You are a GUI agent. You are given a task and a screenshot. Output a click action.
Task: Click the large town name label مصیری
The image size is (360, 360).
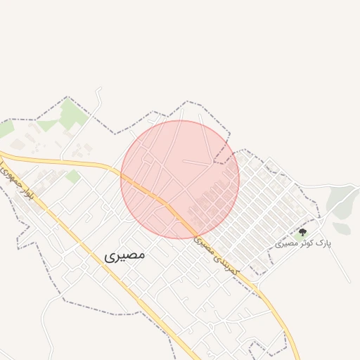pyautogui.click(x=124, y=255)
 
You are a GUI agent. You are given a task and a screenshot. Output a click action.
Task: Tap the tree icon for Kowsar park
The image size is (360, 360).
pyautogui.click(x=303, y=231)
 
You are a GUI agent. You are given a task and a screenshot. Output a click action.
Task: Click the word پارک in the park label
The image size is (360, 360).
pyautogui.click(x=323, y=243)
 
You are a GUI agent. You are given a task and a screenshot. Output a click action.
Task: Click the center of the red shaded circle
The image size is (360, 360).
pyautogui.click(x=180, y=179)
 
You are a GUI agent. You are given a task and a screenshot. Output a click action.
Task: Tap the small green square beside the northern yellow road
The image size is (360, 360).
pyautogui.click(x=73, y=176)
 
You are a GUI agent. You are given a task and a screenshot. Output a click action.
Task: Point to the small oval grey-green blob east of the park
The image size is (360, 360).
pyautogui.click(x=342, y=229)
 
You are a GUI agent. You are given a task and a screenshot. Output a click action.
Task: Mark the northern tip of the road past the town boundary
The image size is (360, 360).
pyautogui.click(x=100, y=89)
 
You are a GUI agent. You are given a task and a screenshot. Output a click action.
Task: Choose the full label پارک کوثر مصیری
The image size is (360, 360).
pyautogui.click(x=303, y=243)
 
